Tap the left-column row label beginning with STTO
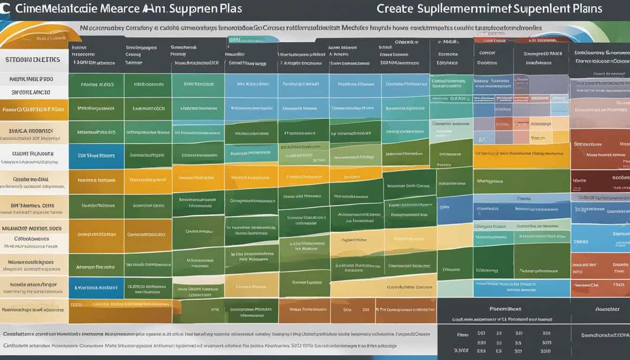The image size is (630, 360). (33, 60)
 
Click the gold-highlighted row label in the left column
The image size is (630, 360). (33, 109)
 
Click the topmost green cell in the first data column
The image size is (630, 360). (96, 85)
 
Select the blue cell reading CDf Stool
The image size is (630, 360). (96, 156)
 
